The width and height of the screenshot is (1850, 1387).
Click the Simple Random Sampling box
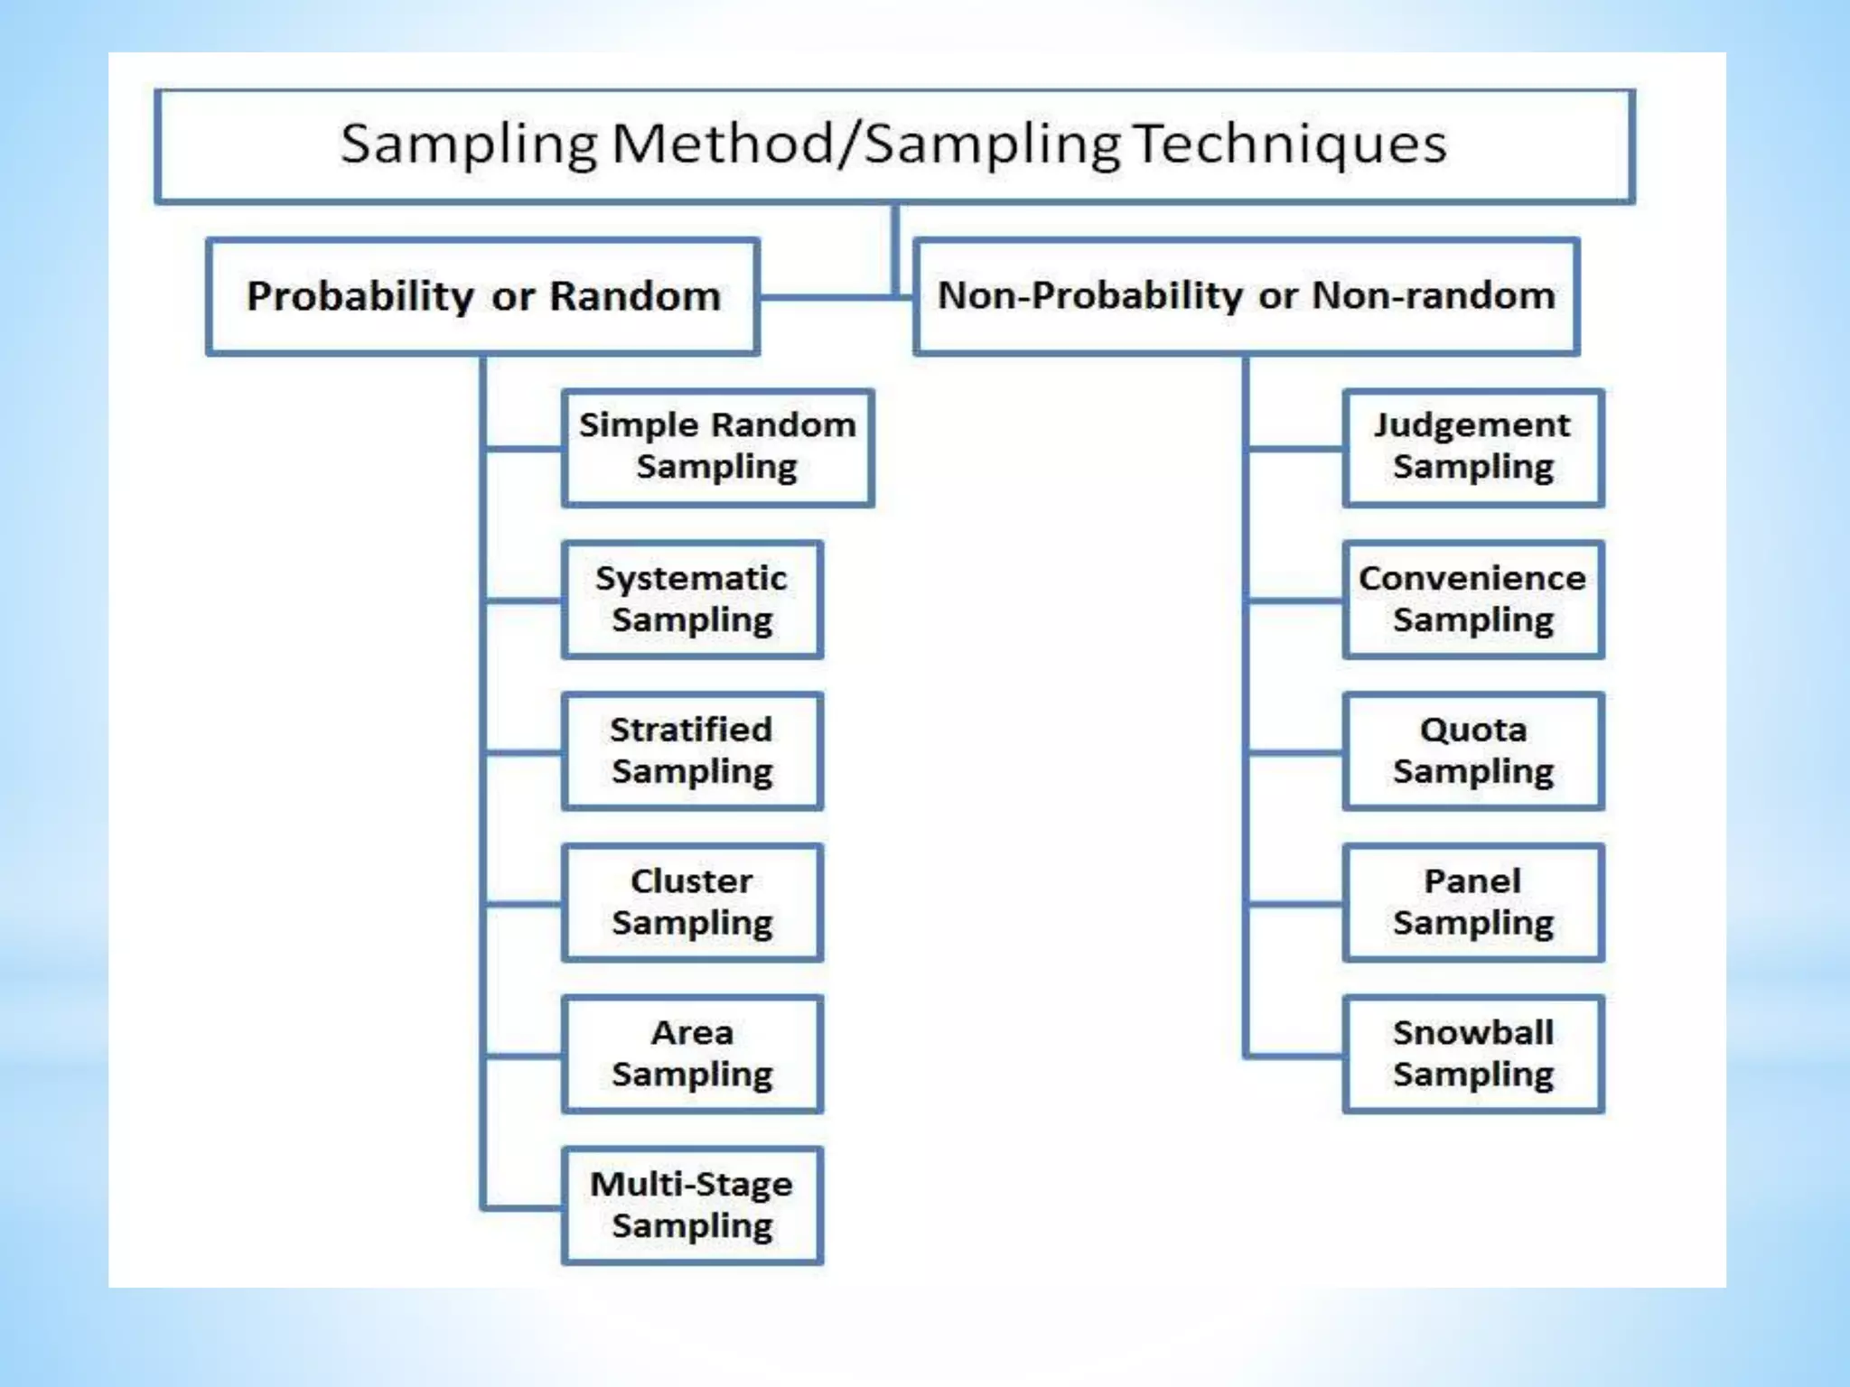717,447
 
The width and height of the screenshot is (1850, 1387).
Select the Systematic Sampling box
692,600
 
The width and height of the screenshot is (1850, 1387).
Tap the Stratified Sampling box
692,751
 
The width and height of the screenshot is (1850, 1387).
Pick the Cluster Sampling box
692,902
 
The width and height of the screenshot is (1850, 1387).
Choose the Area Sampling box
692,1054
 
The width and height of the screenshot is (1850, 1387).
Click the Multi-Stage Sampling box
692,1205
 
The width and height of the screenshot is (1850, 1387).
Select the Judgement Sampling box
1472,447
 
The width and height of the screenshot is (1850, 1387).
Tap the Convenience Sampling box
1472,600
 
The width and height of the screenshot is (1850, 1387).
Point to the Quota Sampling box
1472,751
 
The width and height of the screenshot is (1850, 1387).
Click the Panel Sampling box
1472,902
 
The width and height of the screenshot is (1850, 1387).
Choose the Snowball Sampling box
1472,1054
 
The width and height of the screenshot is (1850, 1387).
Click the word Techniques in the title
1289,144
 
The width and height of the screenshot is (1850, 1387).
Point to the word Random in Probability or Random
635,296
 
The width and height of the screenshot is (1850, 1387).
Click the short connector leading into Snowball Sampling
1294,1055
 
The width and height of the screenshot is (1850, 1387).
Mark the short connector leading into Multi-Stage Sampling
522,1206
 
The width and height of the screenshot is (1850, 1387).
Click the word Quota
1472,730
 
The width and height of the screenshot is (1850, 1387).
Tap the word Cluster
692,881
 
